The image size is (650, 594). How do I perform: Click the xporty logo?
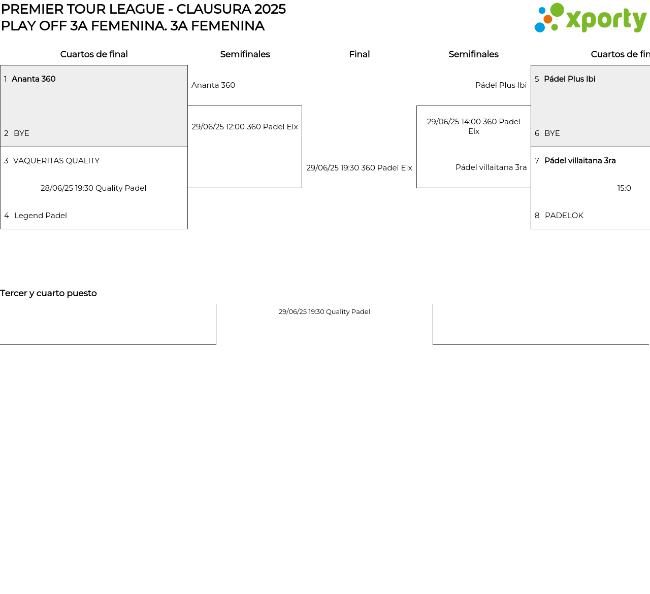(x=590, y=18)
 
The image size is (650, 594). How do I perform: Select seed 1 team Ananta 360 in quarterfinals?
(x=34, y=79)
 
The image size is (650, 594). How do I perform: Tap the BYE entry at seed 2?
(x=21, y=133)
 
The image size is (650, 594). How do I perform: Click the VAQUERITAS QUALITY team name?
(x=56, y=161)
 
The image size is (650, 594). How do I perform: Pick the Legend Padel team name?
(x=41, y=216)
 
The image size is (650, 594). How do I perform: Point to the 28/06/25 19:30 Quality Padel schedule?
(x=93, y=188)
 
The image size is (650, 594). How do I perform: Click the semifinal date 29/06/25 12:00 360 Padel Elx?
(x=245, y=127)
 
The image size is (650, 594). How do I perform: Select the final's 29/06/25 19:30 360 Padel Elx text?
(x=359, y=168)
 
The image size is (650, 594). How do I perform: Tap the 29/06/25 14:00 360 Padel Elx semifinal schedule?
(x=473, y=127)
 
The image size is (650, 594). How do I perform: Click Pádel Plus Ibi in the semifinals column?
(x=501, y=85)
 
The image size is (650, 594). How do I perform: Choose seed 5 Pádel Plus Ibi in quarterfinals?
(x=569, y=79)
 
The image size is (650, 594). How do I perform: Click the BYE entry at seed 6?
(x=552, y=133)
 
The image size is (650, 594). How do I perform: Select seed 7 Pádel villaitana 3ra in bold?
(x=580, y=161)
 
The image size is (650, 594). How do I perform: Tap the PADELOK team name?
(x=564, y=216)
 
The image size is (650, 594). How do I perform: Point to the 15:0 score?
(x=624, y=188)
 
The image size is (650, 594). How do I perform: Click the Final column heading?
(x=359, y=54)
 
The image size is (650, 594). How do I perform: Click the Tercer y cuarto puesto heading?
(x=48, y=293)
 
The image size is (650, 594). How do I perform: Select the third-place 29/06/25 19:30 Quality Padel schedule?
(x=324, y=312)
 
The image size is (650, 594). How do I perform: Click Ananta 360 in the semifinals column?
(x=213, y=85)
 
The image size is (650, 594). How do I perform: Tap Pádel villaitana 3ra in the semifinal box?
(x=491, y=167)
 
